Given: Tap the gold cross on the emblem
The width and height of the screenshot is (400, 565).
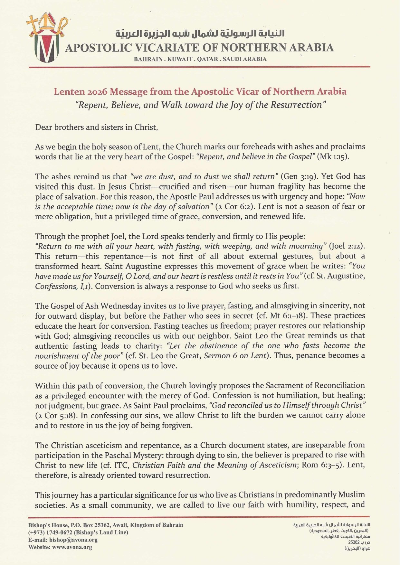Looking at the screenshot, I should [33, 23].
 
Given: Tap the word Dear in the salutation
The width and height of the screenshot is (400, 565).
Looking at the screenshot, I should [44, 127].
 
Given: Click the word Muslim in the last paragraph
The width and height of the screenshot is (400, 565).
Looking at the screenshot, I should [351, 495].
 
